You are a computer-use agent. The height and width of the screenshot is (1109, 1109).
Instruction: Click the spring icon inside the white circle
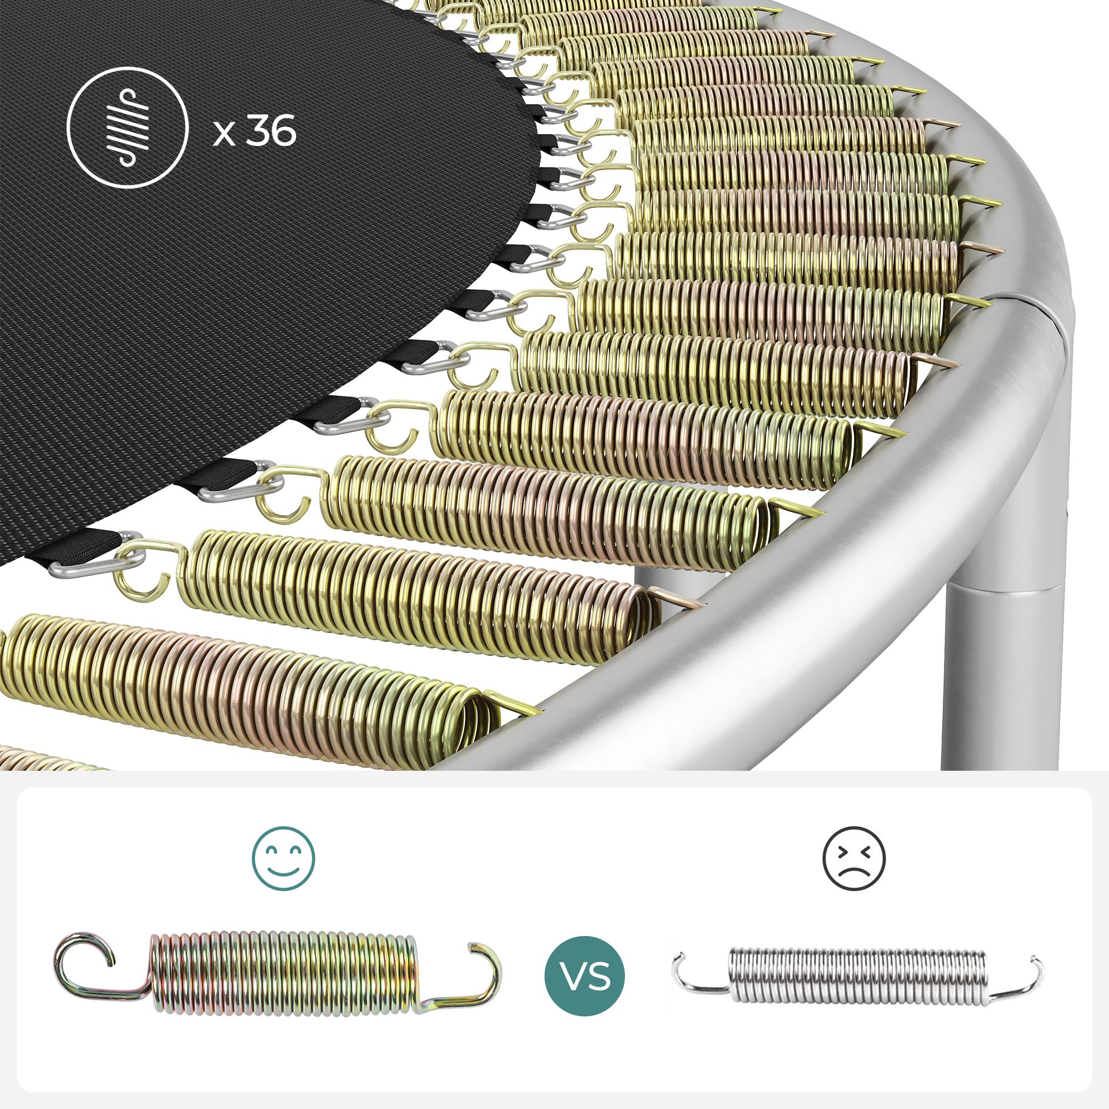point(128,128)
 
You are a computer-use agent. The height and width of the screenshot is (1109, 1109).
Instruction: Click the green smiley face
point(283,859)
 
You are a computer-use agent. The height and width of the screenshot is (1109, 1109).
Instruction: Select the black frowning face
point(853,859)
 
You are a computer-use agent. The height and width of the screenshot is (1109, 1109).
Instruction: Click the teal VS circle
point(584,976)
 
